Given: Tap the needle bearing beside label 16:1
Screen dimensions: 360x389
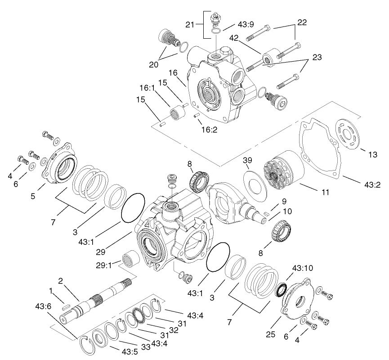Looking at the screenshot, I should point(176,111).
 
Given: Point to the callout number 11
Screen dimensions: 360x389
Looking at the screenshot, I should point(325,192).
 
